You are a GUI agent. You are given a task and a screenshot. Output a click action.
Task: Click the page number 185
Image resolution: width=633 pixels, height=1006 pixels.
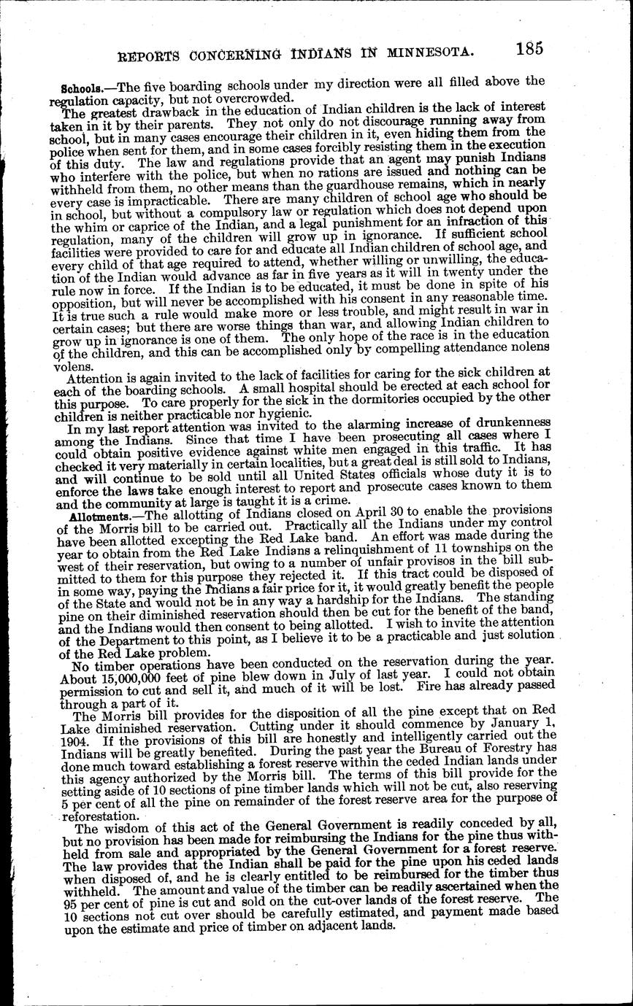(x=528, y=49)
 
